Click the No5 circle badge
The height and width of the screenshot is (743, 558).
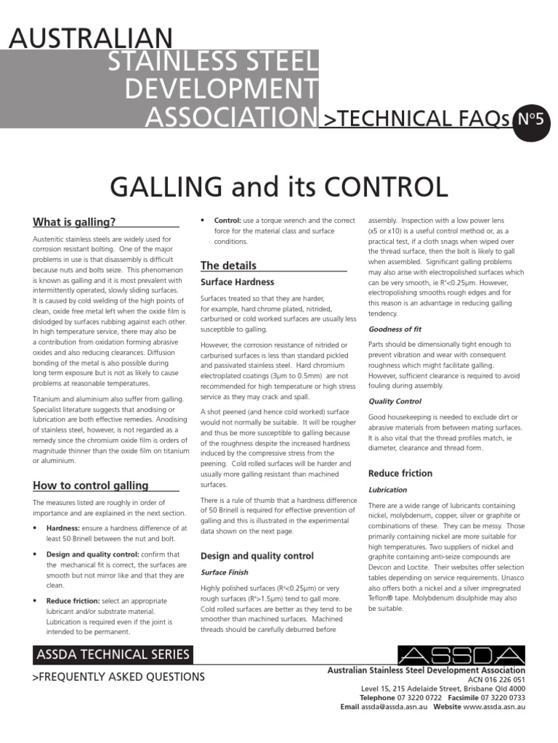531,119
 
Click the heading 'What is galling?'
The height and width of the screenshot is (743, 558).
75,222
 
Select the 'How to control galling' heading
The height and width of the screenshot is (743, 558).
91,485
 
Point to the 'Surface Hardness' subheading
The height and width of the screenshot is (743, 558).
238,282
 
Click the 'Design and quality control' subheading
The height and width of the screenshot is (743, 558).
257,556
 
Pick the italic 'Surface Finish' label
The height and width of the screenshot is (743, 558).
224,572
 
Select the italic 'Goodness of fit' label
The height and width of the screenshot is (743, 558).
395,329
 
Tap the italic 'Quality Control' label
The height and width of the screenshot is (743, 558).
395,401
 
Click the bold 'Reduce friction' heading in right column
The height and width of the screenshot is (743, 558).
400,473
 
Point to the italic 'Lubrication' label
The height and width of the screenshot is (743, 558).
387,490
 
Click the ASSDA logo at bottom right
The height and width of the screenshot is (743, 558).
461,654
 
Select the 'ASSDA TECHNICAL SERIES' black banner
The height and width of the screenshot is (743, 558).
113,654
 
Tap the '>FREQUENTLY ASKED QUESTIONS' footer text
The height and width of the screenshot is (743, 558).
119,677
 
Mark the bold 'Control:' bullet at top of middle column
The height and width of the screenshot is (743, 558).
227,220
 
